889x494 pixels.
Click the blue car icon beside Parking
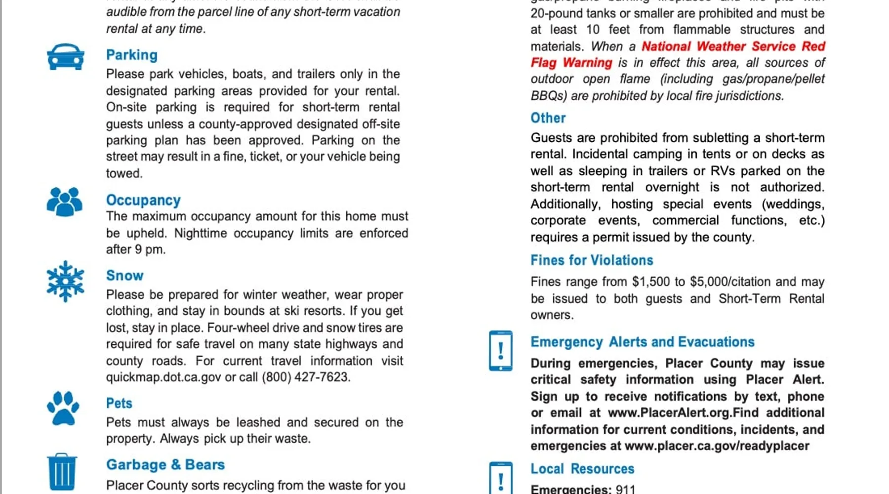coord(66,57)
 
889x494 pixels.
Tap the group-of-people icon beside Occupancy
coord(65,202)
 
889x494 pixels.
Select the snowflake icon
coord(65,281)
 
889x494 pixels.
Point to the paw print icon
coord(63,409)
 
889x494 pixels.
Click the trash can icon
coord(62,472)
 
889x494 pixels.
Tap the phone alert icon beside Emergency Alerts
coord(500,351)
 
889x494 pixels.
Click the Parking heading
coord(132,55)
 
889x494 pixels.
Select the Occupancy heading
coord(143,200)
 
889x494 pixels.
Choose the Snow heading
coord(125,276)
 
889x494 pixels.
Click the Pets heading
coord(119,403)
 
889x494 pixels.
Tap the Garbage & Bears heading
coord(165,465)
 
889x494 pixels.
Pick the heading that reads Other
coord(548,118)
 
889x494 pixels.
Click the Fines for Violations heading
coord(592,260)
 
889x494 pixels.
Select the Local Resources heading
coord(582,469)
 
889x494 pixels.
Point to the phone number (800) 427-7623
coord(306,377)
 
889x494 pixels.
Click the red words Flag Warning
coord(571,63)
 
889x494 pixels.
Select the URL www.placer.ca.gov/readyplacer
coord(717,446)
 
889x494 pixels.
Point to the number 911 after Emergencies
coord(625,489)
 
